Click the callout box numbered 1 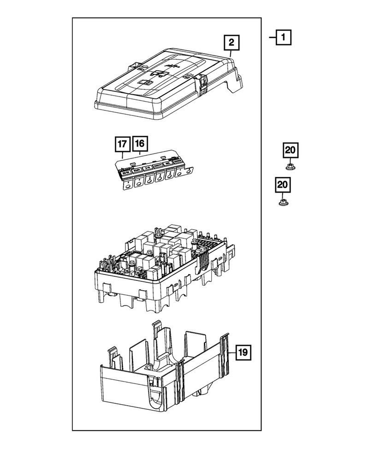pyautogui.click(x=284, y=37)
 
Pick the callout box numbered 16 pyautogui.click(x=140, y=144)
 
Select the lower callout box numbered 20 pyautogui.click(x=284, y=185)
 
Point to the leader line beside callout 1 pyautogui.click(x=272, y=37)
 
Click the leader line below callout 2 pyautogui.click(x=232, y=53)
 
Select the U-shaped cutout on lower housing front pyautogui.click(x=154, y=393)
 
